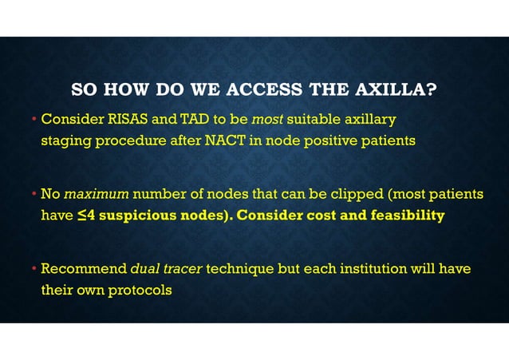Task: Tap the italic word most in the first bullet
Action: (x=267, y=121)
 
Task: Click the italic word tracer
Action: (x=183, y=269)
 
